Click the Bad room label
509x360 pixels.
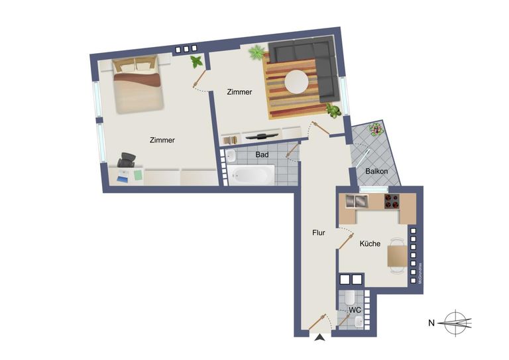(262, 155)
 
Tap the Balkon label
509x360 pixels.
(376, 171)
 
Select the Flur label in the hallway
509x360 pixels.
(319, 233)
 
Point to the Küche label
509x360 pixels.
(370, 244)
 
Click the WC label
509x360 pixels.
(355, 310)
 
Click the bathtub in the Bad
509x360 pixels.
(252, 176)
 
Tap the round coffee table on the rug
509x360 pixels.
(296, 82)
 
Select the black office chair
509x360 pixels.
(127, 160)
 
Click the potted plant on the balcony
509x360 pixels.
(376, 129)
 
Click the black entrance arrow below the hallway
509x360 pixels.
(320, 339)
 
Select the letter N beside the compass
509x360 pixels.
(431, 324)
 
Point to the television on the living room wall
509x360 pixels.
(262, 135)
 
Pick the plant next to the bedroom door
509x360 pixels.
(196, 62)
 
